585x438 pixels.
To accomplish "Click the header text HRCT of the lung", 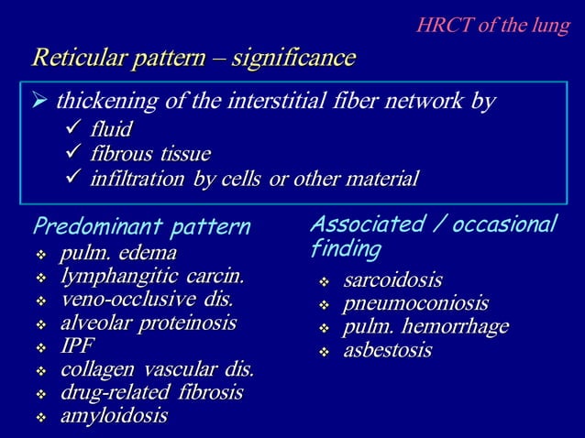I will pos(492,25).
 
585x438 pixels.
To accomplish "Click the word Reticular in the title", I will pos(76,59).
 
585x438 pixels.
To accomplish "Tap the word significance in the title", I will pos(293,59).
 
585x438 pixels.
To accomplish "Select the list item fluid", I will pos(111,127).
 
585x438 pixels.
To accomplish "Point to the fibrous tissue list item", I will pos(149,152).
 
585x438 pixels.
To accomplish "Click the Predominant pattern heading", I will pos(141,225).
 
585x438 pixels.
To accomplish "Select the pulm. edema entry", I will pos(118,252).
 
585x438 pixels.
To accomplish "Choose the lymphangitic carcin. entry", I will pos(152,275).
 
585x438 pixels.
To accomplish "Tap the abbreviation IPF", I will pos(76,346).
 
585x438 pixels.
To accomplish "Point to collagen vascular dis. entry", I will pos(157,370).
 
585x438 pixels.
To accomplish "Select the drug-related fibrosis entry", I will pos(151,393).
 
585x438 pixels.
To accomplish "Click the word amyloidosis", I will pos(114,416).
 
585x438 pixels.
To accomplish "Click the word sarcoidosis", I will pos(392,279).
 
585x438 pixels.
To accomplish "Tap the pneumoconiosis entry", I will pos(415,302).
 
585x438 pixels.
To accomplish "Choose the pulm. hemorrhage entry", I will pos(425,326).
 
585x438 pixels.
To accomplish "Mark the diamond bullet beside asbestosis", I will pos(323,351).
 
